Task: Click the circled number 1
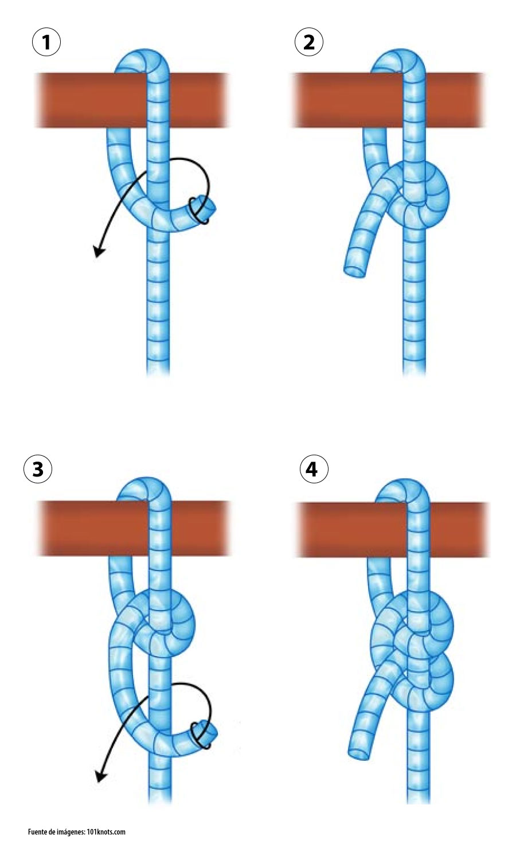[x=46, y=42]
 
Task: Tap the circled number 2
[x=309, y=42]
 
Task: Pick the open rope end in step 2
[x=355, y=271]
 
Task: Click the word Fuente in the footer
[x=37, y=831]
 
